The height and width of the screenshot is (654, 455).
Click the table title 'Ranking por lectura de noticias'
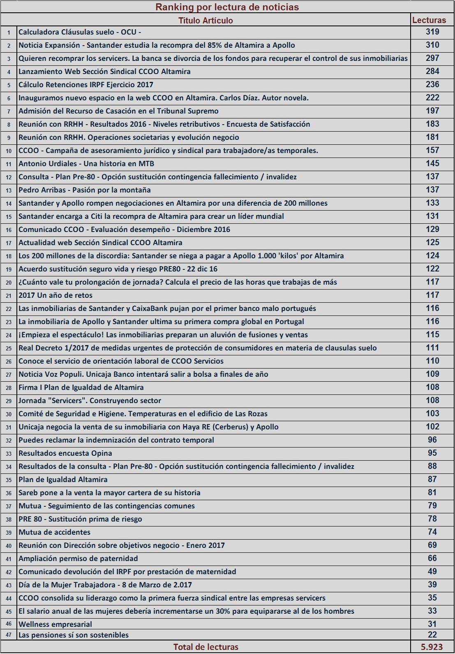pos(227,7)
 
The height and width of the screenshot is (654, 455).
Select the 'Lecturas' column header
pos(429,20)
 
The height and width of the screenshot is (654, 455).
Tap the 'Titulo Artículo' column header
pos(206,21)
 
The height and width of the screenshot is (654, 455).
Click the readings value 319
pos(432,32)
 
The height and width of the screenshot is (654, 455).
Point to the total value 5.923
pos(432,647)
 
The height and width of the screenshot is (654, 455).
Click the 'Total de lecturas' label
pos(206,647)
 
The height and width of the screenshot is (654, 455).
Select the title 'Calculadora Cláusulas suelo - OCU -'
pos(80,32)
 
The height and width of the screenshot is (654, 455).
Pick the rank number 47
pos(9,635)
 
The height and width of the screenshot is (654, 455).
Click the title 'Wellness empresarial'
pos(55,624)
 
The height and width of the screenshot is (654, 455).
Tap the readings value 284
pos(432,72)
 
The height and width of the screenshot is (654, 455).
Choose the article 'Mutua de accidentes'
pos(54,532)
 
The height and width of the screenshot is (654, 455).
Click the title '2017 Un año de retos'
pos(55,295)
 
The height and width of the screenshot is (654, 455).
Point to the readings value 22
pos(432,635)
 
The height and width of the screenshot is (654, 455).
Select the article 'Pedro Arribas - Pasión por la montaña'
pos(84,190)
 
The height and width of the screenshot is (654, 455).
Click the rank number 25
pos(9,348)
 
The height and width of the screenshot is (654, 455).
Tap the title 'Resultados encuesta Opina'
pos(65,453)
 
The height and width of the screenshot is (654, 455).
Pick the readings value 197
pos(432,111)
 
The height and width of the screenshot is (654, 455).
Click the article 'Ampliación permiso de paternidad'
pos(78,559)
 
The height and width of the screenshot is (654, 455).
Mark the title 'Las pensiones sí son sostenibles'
pos(73,635)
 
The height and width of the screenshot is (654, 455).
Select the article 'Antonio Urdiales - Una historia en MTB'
pos(86,164)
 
